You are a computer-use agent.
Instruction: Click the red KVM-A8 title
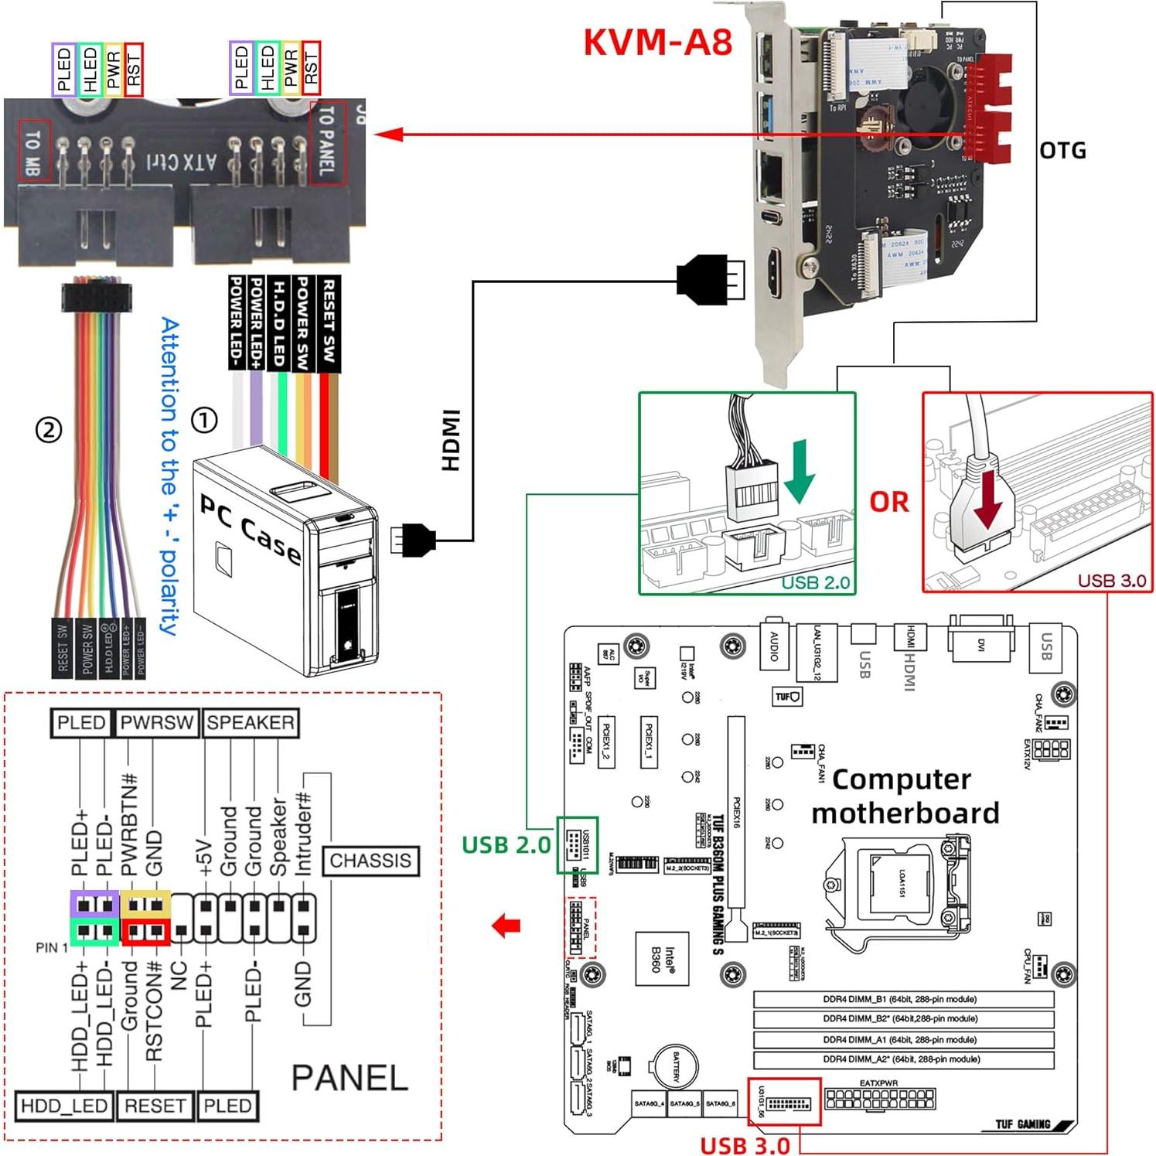pyautogui.click(x=657, y=42)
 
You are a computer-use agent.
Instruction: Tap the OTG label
pyautogui.click(x=1062, y=150)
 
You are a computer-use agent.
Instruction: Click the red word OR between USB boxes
pyautogui.click(x=889, y=502)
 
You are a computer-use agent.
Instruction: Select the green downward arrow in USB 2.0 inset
pyautogui.click(x=800, y=472)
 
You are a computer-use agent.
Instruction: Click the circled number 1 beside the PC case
pyautogui.click(x=204, y=421)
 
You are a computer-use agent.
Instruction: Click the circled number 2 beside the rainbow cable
pyautogui.click(x=49, y=429)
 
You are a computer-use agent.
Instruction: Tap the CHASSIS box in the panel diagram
pyautogui.click(x=370, y=861)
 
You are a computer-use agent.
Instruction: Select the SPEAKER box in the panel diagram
pyautogui.click(x=250, y=723)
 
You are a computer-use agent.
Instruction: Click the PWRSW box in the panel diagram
pyautogui.click(x=157, y=723)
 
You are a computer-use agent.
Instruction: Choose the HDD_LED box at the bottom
pyautogui.click(x=64, y=1106)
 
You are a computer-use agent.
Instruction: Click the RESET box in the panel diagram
pyautogui.click(x=155, y=1106)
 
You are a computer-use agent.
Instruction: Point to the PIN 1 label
pyautogui.click(x=52, y=947)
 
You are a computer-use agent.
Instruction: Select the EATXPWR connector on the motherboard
pyautogui.click(x=879, y=1098)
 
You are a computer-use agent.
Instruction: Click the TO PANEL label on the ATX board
pyautogui.click(x=327, y=142)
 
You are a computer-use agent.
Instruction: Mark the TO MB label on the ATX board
pyautogui.click(x=34, y=151)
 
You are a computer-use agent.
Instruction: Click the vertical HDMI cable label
pyautogui.click(x=451, y=440)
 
